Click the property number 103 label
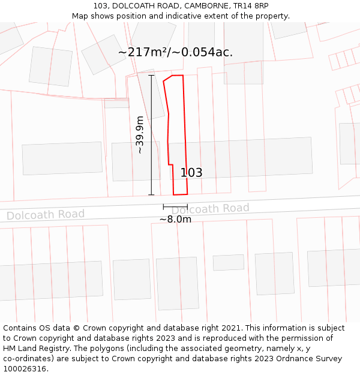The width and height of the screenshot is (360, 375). (191, 173)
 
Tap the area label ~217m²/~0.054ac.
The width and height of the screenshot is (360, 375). (175, 52)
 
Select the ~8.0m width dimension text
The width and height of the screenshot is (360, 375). (175, 220)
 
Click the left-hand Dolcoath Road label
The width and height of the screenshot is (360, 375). (46, 214)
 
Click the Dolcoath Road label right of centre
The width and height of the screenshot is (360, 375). (210, 209)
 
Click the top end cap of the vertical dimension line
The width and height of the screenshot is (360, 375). (151, 76)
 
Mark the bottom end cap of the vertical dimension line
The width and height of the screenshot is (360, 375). (151, 194)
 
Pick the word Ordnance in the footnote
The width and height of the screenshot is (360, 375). (291, 359)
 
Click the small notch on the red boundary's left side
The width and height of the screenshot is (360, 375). (170, 164)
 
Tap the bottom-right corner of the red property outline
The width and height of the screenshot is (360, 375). (187, 194)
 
